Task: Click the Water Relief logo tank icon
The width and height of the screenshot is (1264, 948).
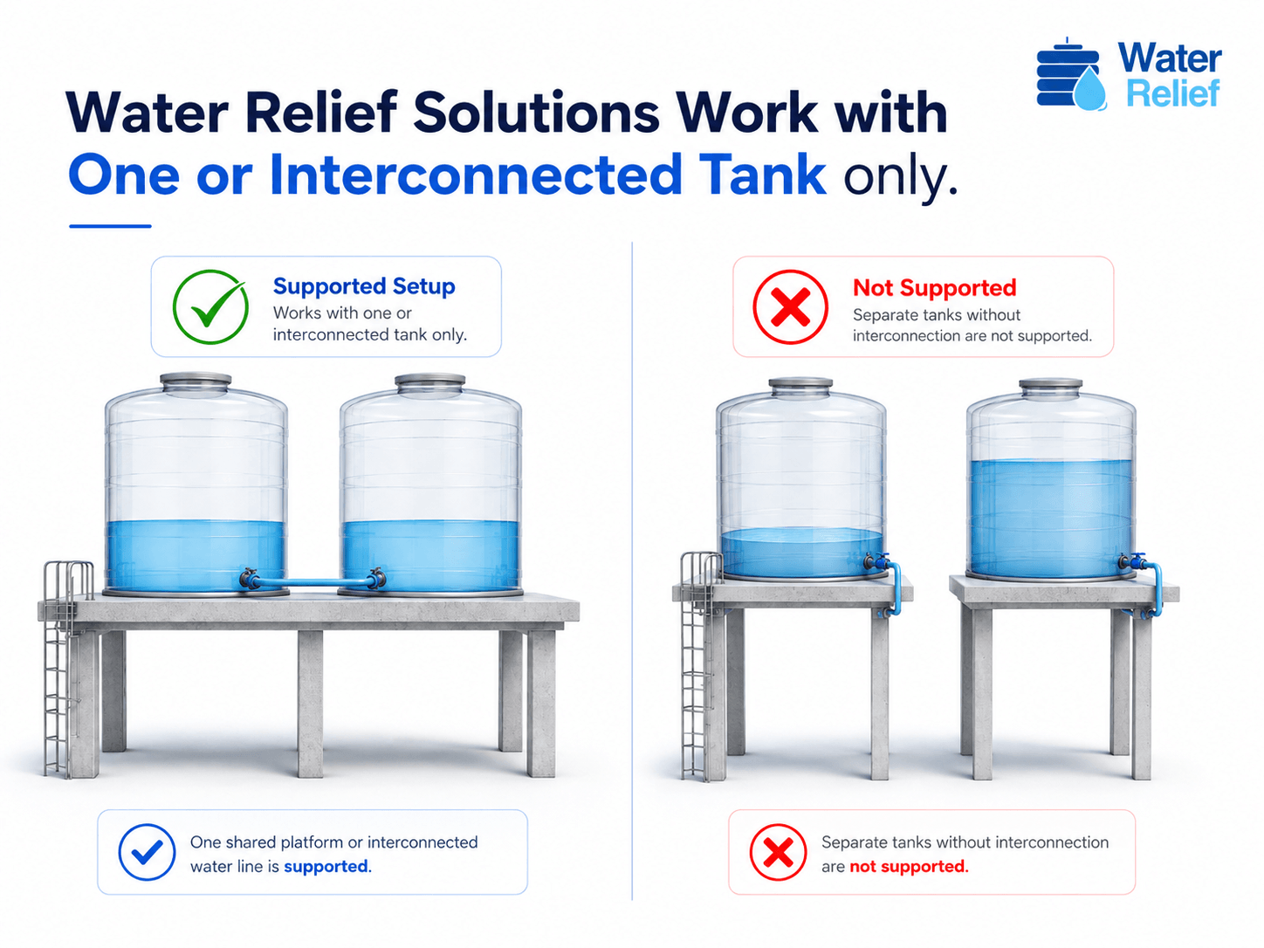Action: click(x=1070, y=73)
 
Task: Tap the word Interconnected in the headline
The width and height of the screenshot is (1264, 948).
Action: click(x=476, y=174)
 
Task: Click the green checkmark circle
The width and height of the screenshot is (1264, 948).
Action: click(x=210, y=306)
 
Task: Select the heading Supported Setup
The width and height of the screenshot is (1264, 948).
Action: click(x=364, y=286)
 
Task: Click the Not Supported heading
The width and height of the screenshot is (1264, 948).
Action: click(x=934, y=287)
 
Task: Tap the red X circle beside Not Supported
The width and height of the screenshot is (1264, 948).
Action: click(x=791, y=306)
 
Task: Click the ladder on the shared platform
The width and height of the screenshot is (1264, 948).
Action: click(x=64, y=669)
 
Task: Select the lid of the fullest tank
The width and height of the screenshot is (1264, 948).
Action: click(x=1051, y=388)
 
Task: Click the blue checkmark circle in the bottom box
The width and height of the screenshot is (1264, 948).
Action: click(x=147, y=852)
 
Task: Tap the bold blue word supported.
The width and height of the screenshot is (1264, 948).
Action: click(x=326, y=866)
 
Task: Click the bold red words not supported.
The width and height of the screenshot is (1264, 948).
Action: click(x=909, y=866)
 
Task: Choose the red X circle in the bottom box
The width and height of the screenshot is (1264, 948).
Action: click(x=778, y=852)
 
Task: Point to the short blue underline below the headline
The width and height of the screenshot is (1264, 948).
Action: click(x=110, y=226)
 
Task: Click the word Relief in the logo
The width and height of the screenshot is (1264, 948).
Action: click(x=1173, y=93)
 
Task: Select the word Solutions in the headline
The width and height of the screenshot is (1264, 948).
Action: click(x=536, y=112)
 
